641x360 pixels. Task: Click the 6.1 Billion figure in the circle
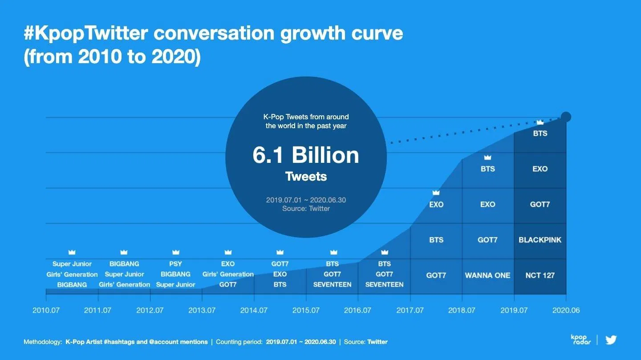click(x=306, y=155)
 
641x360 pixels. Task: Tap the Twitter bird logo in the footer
click(x=611, y=340)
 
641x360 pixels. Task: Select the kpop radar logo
click(x=580, y=340)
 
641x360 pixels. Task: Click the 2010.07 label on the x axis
click(x=46, y=310)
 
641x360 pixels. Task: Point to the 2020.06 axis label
click(x=566, y=310)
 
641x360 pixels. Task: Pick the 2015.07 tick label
click(x=306, y=310)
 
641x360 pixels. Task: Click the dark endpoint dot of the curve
click(x=566, y=117)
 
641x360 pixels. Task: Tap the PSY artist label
click(x=176, y=264)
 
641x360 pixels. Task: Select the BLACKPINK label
click(x=540, y=240)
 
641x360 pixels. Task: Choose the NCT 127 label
click(x=540, y=275)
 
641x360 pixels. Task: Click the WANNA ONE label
click(x=487, y=275)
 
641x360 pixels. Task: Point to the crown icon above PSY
click(x=176, y=252)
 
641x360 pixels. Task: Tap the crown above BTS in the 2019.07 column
click(x=540, y=122)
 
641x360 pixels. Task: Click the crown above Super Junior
click(x=72, y=252)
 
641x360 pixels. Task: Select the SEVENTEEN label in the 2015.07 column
click(x=332, y=284)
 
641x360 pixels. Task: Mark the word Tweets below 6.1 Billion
click(x=306, y=177)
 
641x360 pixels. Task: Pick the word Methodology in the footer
click(x=42, y=342)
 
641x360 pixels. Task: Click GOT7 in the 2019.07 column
click(x=540, y=204)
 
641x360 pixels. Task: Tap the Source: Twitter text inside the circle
click(x=306, y=208)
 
